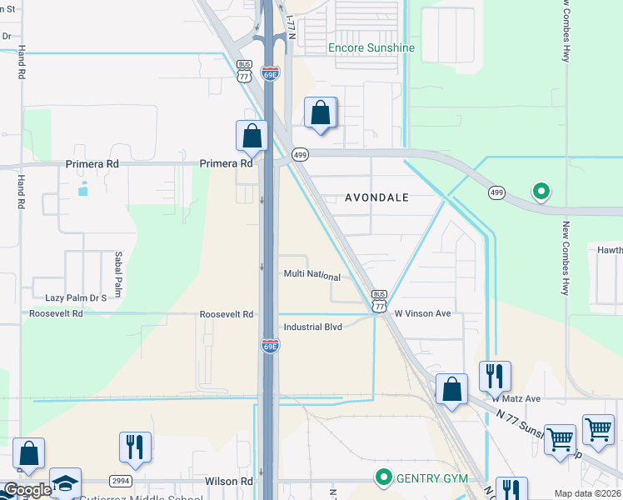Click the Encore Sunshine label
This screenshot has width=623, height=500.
click(x=371, y=47)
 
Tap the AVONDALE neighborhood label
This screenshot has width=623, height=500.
click(x=377, y=197)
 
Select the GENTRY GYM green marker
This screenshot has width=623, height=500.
click(x=384, y=478)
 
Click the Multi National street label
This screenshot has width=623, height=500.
click(x=312, y=276)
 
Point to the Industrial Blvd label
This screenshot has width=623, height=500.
click(x=313, y=327)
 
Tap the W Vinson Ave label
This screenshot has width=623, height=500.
click(x=422, y=314)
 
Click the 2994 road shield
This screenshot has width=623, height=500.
click(x=121, y=482)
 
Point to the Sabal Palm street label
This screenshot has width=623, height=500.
click(x=118, y=275)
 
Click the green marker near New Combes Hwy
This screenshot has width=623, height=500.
click(x=541, y=192)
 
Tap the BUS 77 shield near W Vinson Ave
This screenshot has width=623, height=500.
click(x=379, y=301)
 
